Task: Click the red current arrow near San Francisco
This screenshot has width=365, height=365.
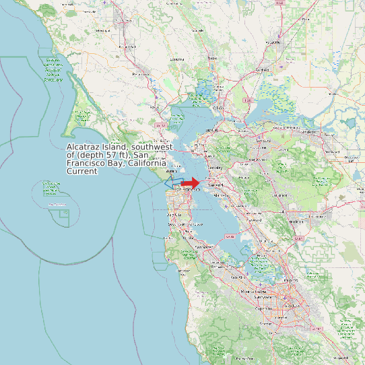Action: [191, 183]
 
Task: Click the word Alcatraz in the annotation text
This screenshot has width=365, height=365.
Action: [83, 147]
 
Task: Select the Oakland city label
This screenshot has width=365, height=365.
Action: [215, 183]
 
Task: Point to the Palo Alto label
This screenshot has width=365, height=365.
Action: [237, 277]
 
